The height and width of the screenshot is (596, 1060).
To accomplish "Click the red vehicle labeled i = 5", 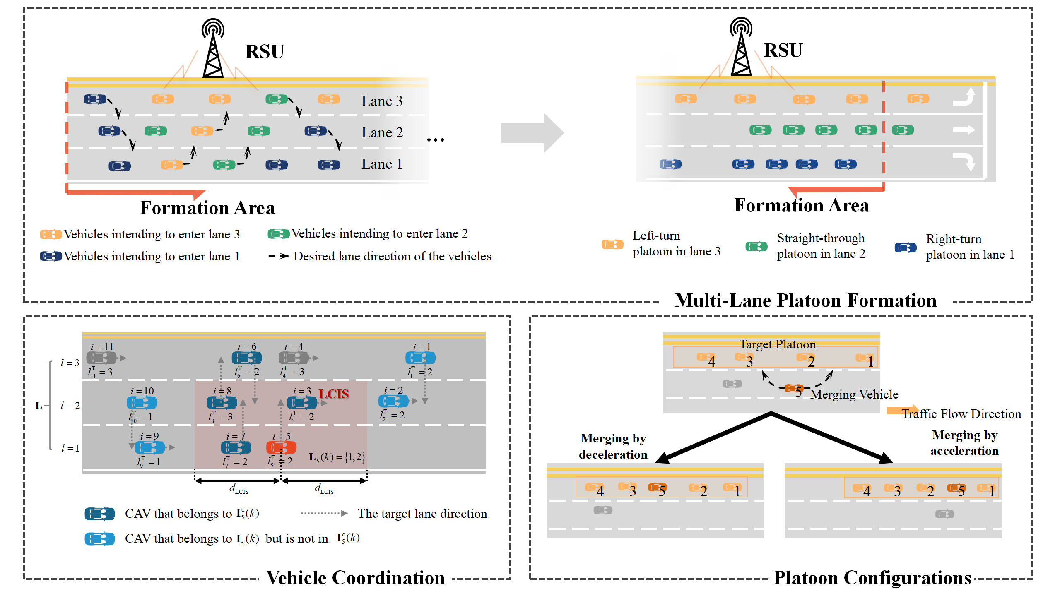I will [x=281, y=447].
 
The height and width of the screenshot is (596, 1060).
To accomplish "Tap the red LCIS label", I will [x=334, y=394].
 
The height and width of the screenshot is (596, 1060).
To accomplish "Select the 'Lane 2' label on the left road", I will [x=382, y=133].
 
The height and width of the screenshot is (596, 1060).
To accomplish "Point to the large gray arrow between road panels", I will [x=532, y=133].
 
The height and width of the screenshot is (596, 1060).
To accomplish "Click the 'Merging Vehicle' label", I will [x=854, y=394].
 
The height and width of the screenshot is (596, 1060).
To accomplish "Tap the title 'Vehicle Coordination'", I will [x=355, y=578].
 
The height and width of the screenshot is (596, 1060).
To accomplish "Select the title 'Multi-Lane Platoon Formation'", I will [x=805, y=300].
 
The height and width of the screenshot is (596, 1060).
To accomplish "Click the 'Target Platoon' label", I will [x=777, y=344].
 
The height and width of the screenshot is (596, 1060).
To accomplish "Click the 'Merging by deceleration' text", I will [x=613, y=446].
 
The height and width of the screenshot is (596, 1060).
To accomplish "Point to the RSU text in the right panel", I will [x=783, y=50].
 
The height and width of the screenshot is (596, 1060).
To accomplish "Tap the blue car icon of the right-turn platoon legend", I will [x=906, y=248].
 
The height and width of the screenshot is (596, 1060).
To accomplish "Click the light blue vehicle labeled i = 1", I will [x=420, y=358].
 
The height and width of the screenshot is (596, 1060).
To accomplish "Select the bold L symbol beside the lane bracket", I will [x=39, y=406].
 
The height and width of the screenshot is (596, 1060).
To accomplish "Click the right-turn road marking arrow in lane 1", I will [x=965, y=161].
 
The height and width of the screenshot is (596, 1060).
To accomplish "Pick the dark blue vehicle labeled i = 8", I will [x=222, y=402].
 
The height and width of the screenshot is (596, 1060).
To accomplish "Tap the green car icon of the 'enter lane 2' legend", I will [x=278, y=234].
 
